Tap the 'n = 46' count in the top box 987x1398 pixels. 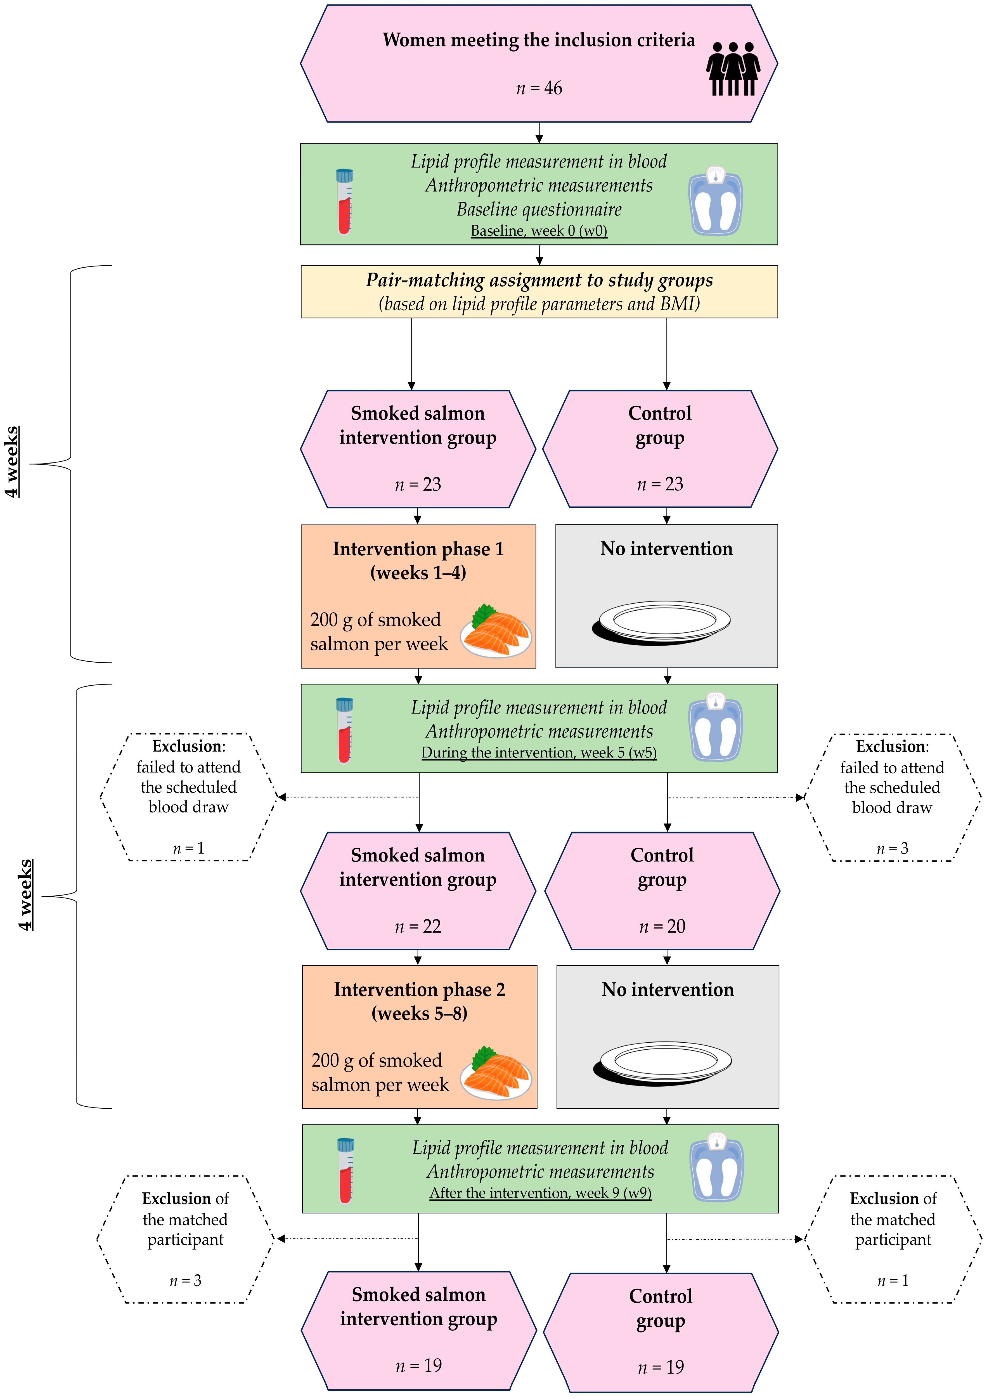(x=539, y=88)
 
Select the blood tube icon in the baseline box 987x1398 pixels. (x=345, y=202)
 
